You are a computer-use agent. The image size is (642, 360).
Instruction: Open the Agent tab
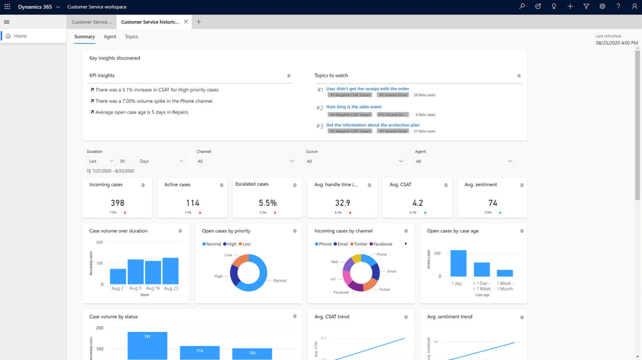110,37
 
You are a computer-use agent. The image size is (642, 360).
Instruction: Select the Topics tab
131,37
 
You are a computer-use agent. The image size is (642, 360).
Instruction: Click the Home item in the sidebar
20,36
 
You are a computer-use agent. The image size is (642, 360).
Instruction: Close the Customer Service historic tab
186,22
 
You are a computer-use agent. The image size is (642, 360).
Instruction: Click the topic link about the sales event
354,107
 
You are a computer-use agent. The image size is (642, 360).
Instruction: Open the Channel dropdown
246,161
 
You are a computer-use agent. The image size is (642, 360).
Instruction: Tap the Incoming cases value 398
118,203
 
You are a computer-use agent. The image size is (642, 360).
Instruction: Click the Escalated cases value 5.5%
267,203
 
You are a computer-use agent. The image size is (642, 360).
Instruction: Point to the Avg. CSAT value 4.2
418,203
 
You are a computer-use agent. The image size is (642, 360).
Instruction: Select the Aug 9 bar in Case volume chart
135,272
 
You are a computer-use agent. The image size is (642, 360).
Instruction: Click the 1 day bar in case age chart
458,263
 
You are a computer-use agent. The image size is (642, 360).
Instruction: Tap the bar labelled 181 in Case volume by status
147,345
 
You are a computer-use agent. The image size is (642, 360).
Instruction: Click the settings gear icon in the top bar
602,6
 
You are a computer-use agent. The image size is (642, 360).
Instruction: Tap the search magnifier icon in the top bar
522,6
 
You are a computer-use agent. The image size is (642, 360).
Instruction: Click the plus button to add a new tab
199,22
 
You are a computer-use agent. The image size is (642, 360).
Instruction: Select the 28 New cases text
424,95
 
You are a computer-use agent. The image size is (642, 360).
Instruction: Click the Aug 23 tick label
171,288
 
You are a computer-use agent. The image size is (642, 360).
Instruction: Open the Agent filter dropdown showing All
464,161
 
